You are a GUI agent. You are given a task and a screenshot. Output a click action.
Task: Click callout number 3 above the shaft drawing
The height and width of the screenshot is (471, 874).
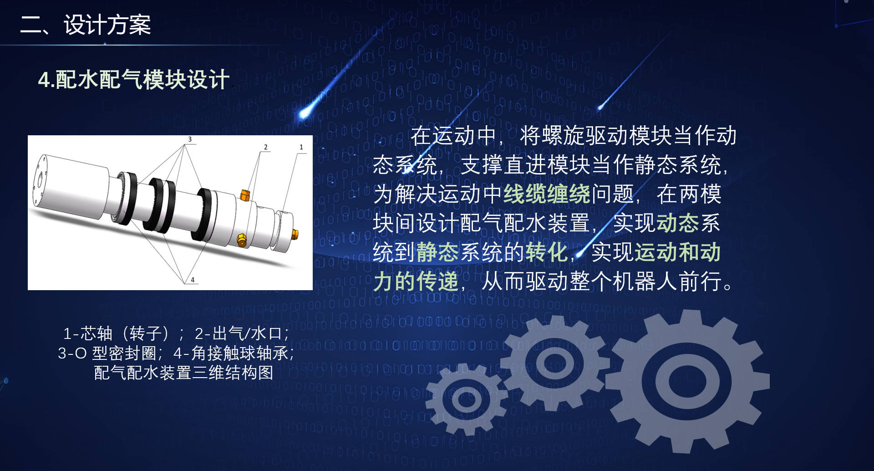pyautogui.click(x=190, y=139)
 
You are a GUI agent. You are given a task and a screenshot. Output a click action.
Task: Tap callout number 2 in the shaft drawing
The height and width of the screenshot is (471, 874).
pyautogui.click(x=266, y=147)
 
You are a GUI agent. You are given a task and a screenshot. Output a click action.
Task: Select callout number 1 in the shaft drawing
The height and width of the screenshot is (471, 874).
pyautogui.click(x=301, y=147)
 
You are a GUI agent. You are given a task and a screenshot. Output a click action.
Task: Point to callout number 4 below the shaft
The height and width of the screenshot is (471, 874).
pyautogui.click(x=193, y=280)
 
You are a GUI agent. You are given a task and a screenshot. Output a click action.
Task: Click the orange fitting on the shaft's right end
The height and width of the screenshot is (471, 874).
pyautogui.click(x=295, y=234)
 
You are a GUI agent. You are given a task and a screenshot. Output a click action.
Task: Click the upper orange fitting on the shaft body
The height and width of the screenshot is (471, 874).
pyautogui.click(x=244, y=195)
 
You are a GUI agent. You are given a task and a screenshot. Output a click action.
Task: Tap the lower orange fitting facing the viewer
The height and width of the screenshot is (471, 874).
pyautogui.click(x=242, y=240)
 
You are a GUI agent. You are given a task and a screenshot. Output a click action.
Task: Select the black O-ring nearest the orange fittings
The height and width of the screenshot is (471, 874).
pyautogui.click(x=204, y=214)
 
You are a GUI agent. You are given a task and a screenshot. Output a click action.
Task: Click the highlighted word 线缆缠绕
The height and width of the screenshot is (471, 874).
pyautogui.click(x=547, y=194)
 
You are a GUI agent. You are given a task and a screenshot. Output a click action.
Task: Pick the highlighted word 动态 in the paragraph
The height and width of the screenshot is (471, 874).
pyautogui.click(x=678, y=223)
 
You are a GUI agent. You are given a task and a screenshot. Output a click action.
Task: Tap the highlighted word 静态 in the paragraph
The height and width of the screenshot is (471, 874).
pyautogui.click(x=437, y=252)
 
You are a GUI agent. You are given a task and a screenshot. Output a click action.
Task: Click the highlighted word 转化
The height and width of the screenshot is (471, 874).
pyautogui.click(x=547, y=252)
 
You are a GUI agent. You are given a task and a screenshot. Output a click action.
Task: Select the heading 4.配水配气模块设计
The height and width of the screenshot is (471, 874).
pyautogui.click(x=133, y=80)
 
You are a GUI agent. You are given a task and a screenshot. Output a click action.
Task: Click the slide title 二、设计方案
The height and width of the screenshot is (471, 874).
pyautogui.click(x=86, y=25)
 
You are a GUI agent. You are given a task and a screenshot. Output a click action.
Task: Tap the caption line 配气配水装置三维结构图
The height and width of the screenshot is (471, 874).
pyautogui.click(x=183, y=373)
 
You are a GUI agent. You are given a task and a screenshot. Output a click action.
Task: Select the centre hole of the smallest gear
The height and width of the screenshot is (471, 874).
pyautogui.click(x=467, y=400)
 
